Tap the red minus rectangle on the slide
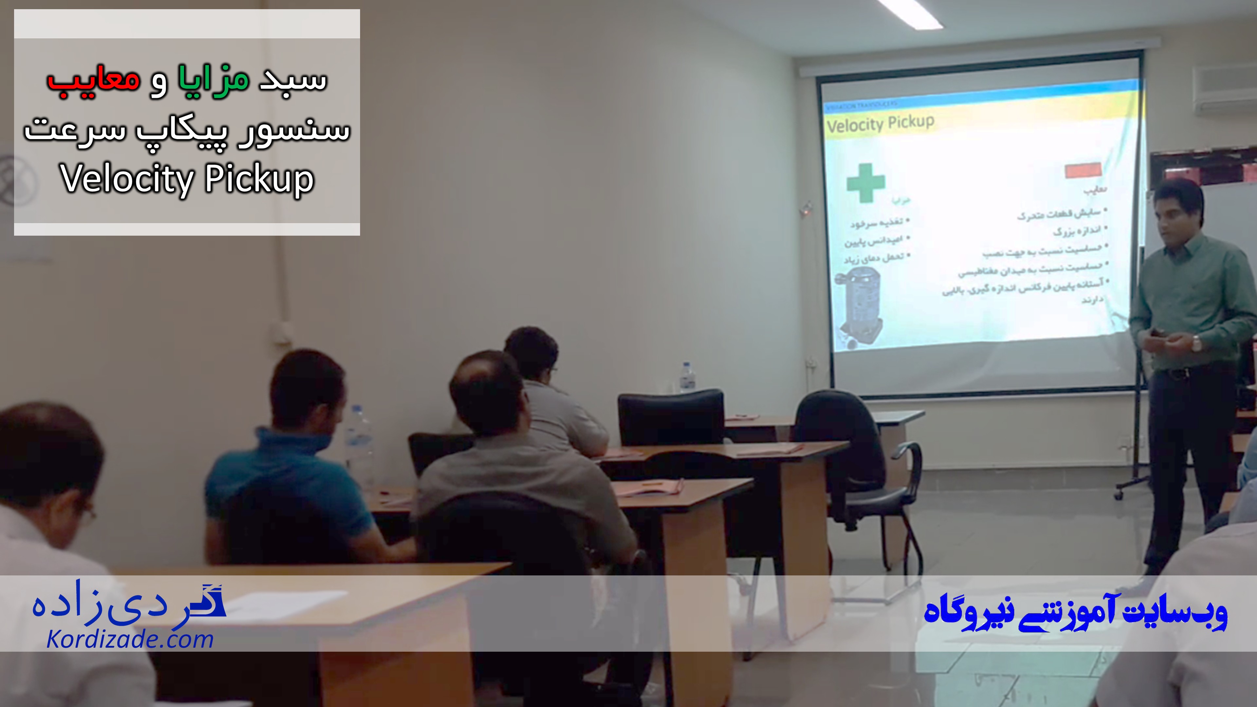click(1083, 170)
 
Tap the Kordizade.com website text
click(130, 640)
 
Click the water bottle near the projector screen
click(687, 377)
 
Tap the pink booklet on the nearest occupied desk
click(649, 486)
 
